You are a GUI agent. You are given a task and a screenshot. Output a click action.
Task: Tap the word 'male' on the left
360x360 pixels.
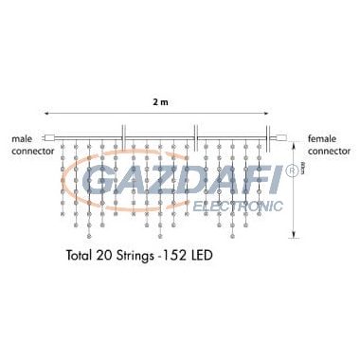pos(24,138)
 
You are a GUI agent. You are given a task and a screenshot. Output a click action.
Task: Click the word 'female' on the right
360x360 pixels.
pos(322,138)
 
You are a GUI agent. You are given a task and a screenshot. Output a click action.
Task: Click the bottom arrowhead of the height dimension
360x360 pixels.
pos(295,234)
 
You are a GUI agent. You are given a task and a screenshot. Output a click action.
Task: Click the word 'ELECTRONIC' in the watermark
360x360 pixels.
pos(237,204)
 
